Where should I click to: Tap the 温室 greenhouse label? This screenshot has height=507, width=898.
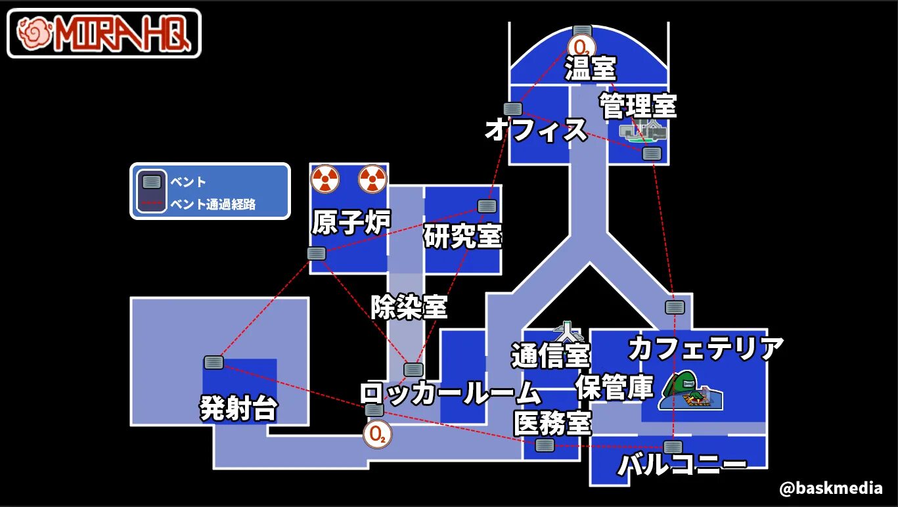pyautogui.click(x=591, y=69)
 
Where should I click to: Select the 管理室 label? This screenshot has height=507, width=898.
pyautogui.click(x=637, y=105)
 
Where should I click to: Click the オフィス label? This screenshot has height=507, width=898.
pyautogui.click(x=535, y=130)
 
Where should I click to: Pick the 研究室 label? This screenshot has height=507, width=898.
pyautogui.click(x=462, y=236)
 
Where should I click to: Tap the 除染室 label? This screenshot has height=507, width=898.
pyautogui.click(x=409, y=307)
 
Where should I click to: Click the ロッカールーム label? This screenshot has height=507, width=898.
pyautogui.click(x=449, y=393)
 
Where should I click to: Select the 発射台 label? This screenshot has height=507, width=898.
pyautogui.click(x=238, y=409)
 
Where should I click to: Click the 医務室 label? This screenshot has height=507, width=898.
pyautogui.click(x=552, y=423)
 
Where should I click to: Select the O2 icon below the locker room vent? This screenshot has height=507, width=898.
pyautogui.click(x=376, y=434)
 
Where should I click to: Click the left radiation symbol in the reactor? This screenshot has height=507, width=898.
pyautogui.click(x=325, y=178)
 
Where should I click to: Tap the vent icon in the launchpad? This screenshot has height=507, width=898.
pyautogui.click(x=213, y=362)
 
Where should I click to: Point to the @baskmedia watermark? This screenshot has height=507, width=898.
pyautogui.click(x=830, y=489)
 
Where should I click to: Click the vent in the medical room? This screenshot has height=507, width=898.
pyautogui.click(x=545, y=445)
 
